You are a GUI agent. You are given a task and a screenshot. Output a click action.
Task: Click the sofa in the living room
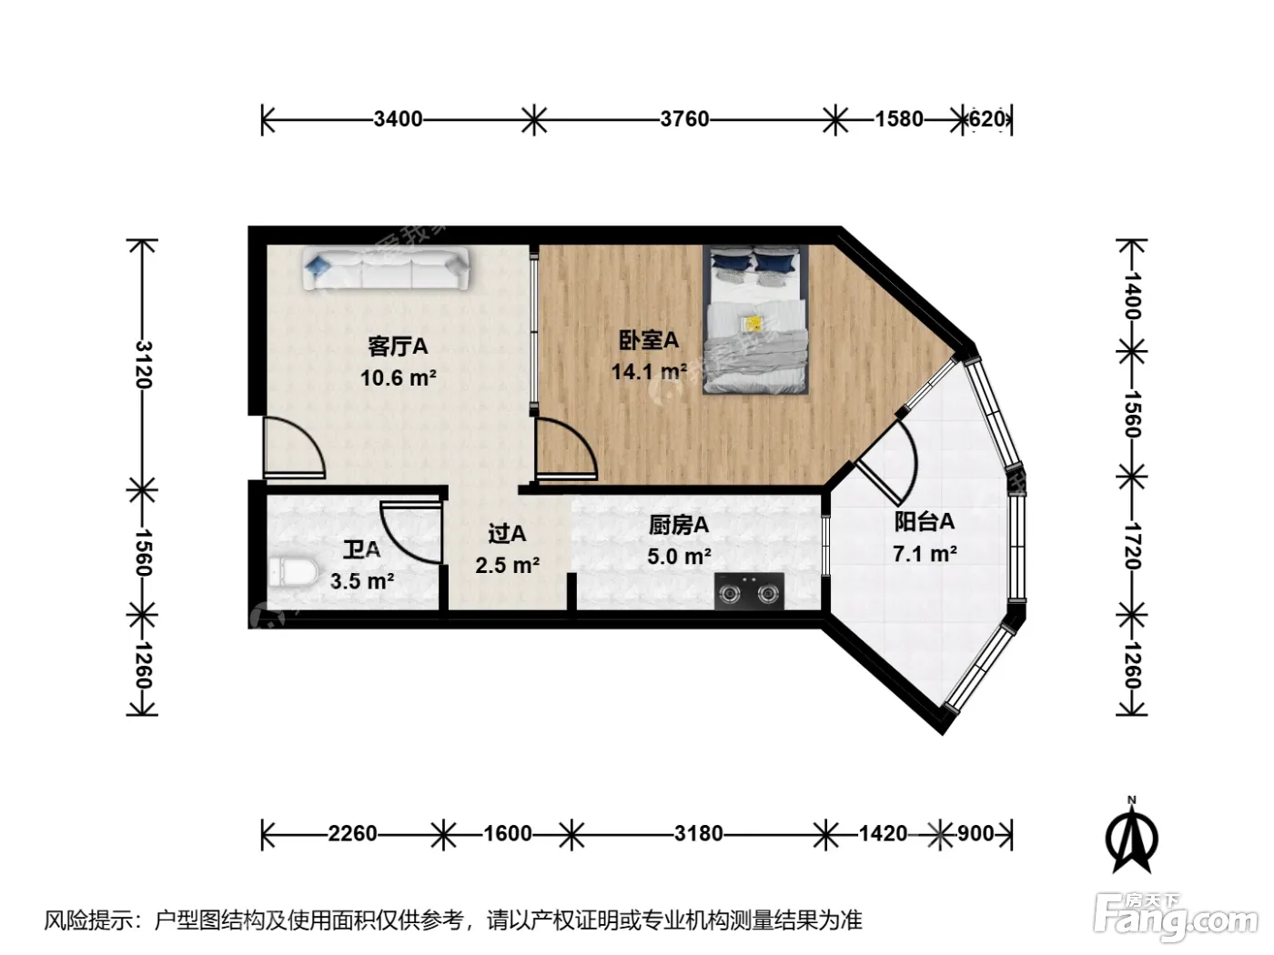pos(386,268)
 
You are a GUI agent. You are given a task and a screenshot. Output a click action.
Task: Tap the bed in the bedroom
pos(755,319)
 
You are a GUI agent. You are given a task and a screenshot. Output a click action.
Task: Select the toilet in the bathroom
pos(293,571)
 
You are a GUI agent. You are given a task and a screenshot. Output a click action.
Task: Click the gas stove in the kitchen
pos(749,591)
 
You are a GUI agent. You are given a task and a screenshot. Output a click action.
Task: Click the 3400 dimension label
pos(398,119)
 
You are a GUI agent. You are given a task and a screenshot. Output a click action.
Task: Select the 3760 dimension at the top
pos(685,119)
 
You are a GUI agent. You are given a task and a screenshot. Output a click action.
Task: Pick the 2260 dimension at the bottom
pos(352,834)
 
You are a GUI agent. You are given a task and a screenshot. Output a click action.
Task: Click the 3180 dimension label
pos(699,834)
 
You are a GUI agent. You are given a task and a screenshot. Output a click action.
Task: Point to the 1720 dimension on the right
pos(1132,547)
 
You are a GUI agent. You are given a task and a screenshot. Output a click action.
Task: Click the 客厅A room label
pos(398,347)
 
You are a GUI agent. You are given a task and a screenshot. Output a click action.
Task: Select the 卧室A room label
pos(649,340)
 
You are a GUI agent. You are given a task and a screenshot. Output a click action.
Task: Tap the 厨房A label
pos(679,526)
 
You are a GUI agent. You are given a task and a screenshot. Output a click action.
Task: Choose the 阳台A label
pos(924,522)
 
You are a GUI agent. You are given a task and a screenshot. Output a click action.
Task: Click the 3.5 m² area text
pos(362,581)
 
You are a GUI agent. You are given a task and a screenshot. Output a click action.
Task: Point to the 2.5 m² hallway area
pos(507,565)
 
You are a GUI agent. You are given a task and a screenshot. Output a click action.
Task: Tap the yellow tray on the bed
pos(754,324)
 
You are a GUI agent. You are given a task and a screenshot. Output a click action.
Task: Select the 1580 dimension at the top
pos(899,119)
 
